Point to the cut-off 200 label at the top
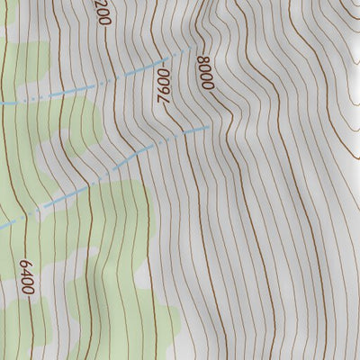[101, 13]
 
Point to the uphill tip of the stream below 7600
[209, 127]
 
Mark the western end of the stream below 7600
[90, 187]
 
